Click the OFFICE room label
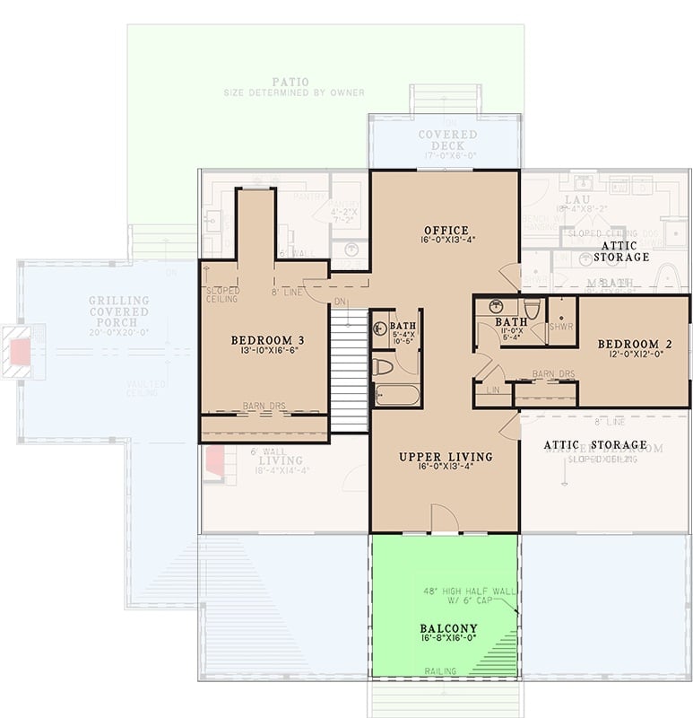click(445, 231)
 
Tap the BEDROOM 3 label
click(267, 340)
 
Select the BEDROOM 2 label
click(635, 344)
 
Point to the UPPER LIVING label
click(445, 457)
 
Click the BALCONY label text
click(448, 628)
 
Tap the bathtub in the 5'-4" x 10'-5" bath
click(396, 395)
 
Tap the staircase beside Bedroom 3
click(350, 370)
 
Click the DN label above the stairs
click(338, 302)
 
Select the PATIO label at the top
click(291, 83)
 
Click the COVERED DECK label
click(447, 135)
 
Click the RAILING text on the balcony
click(440, 671)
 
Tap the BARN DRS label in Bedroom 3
click(264, 407)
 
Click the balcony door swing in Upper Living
click(445, 519)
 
